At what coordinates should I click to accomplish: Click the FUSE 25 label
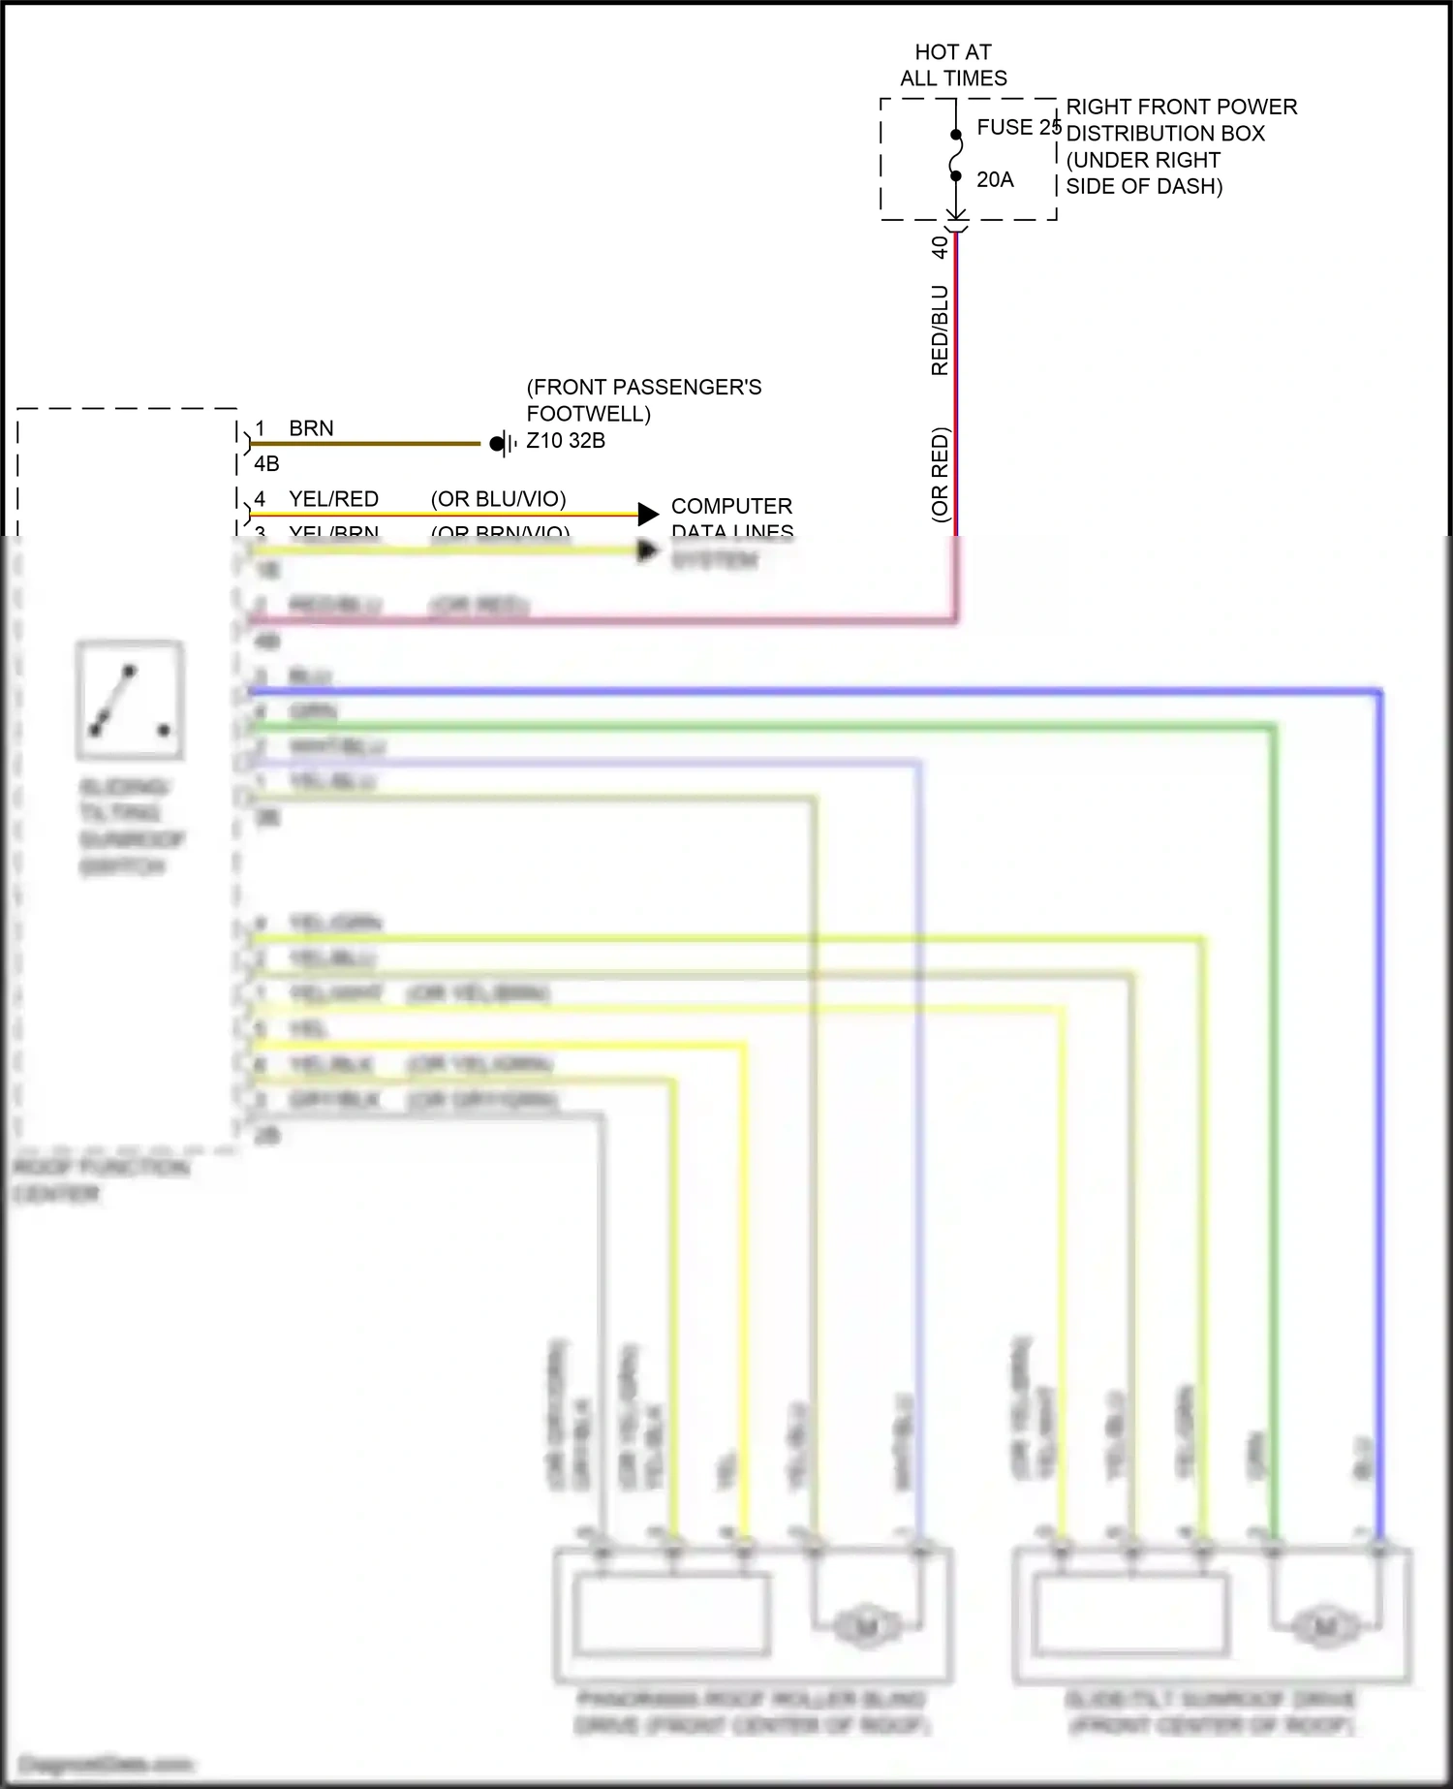tap(1018, 127)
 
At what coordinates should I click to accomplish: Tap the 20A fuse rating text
tap(995, 179)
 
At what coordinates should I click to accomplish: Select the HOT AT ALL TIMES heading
tap(953, 65)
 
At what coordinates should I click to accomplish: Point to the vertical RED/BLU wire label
tap(940, 330)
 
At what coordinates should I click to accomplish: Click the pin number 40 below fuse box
tap(940, 247)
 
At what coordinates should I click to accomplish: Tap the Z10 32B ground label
tap(566, 441)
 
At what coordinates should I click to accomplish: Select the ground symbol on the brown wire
tap(501, 444)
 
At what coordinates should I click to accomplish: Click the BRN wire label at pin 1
tap(311, 428)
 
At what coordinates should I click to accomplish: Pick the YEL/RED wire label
tap(333, 499)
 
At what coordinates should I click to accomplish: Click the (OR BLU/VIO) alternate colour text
tap(498, 499)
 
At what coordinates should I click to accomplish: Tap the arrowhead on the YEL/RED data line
tap(648, 515)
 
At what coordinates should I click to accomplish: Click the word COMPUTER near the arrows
tap(731, 506)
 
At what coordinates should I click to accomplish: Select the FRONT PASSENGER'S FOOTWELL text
tap(643, 400)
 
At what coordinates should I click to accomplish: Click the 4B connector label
tap(266, 464)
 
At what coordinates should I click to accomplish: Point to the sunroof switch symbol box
tap(130, 700)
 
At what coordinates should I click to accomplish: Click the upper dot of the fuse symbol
tap(956, 135)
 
